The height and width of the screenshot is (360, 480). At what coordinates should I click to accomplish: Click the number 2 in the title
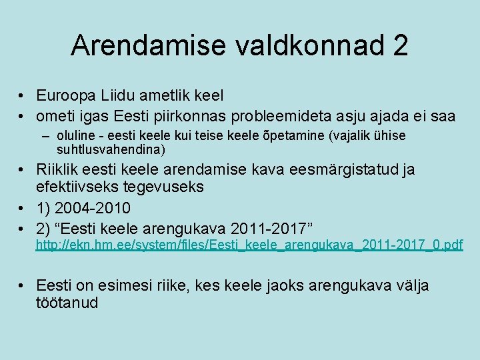click(400, 45)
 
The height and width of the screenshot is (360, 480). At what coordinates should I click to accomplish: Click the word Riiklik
click(58, 169)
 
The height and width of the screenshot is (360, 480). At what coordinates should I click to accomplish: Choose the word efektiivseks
click(79, 187)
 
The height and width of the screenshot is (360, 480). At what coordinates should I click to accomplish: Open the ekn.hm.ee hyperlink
click(249, 245)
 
